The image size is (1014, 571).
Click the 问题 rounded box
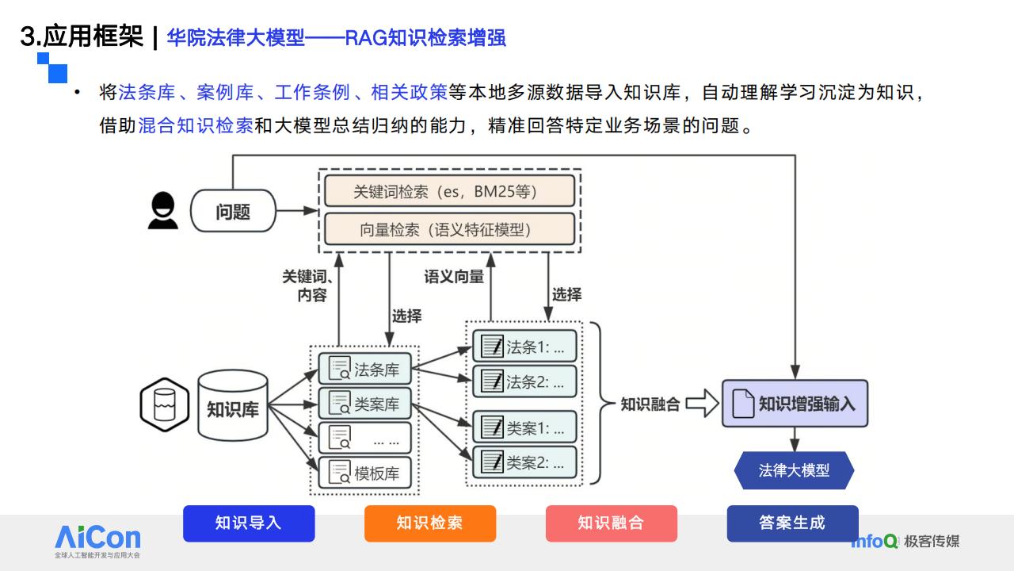[x=233, y=211]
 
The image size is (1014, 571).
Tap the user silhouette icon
[x=163, y=210]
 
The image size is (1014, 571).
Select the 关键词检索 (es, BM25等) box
[x=449, y=191]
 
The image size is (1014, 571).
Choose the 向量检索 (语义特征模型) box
[x=449, y=229]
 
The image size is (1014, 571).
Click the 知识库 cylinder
[x=233, y=405]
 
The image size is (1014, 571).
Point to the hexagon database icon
[x=165, y=404]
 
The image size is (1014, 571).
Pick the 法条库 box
[x=365, y=369]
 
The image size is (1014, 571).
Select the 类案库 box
[x=365, y=403]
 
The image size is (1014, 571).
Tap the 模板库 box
[x=365, y=473]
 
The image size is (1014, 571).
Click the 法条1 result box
[x=524, y=347]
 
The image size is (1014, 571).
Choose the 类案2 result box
[x=524, y=462]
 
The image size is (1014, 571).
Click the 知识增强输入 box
[x=795, y=404]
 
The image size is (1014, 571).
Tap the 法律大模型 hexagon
[x=794, y=470]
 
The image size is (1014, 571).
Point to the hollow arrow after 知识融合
[x=703, y=403]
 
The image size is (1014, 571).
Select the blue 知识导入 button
[x=249, y=523]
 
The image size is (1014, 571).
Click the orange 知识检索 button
[x=430, y=523]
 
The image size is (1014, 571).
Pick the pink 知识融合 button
[x=612, y=523]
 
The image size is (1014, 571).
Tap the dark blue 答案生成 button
[x=793, y=523]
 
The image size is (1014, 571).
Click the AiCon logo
[x=97, y=541]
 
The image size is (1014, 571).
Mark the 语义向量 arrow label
[x=454, y=277]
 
